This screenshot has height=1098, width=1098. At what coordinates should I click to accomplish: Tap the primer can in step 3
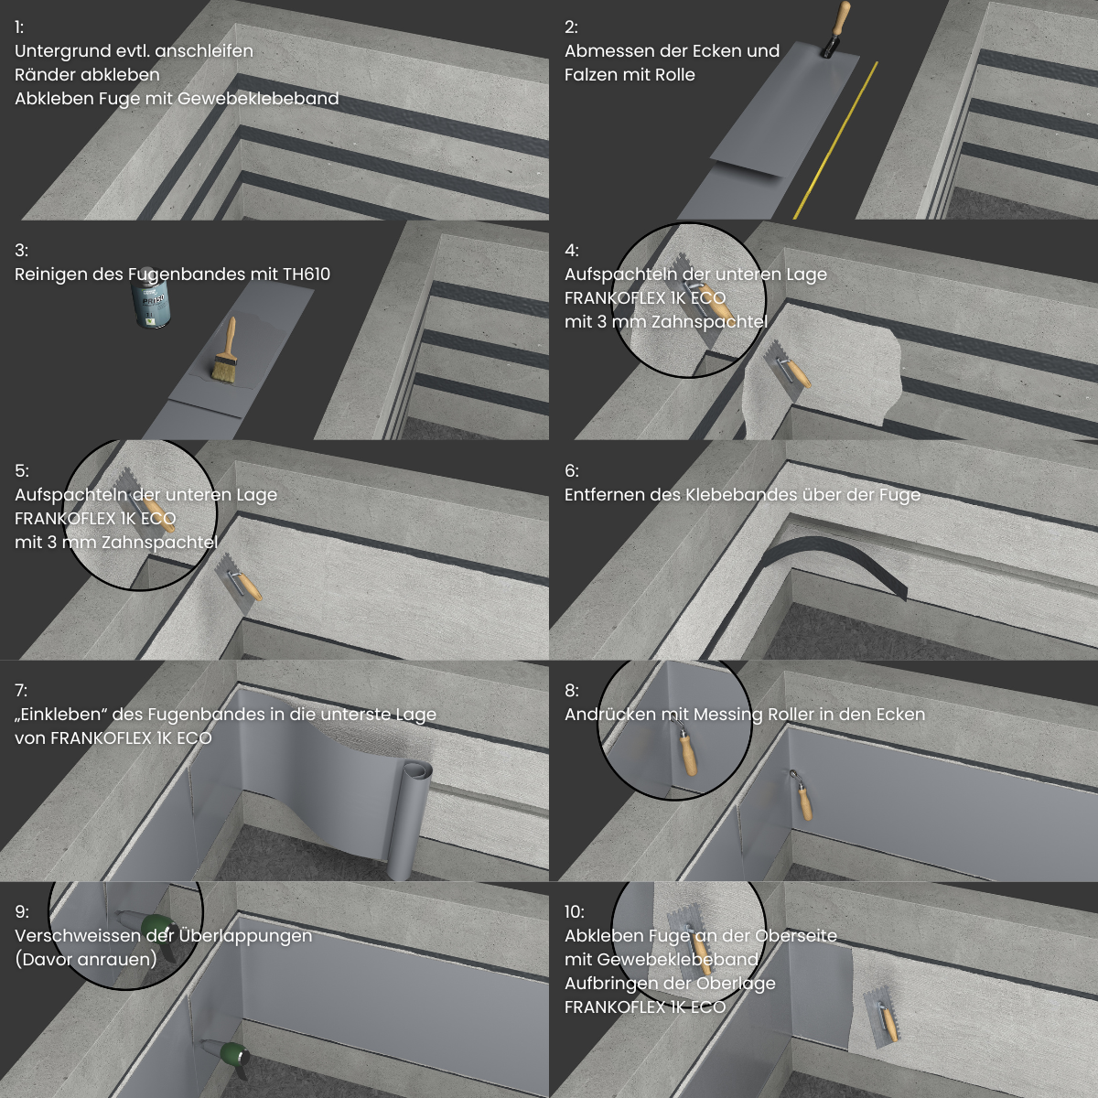[147, 297]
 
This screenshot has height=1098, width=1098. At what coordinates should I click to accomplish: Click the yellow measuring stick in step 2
[835, 140]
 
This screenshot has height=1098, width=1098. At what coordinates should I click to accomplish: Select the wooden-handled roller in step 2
[834, 28]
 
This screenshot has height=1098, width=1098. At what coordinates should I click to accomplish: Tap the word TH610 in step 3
[306, 274]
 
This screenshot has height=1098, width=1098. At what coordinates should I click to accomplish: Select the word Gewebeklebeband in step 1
[258, 99]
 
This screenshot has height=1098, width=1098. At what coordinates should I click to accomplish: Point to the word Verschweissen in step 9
[78, 936]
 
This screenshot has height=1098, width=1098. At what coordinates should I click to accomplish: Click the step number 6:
[572, 470]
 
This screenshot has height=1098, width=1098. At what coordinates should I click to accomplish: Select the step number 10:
[574, 911]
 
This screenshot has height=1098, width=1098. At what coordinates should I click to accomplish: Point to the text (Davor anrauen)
[86, 960]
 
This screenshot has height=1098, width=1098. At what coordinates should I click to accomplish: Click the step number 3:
[21, 250]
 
